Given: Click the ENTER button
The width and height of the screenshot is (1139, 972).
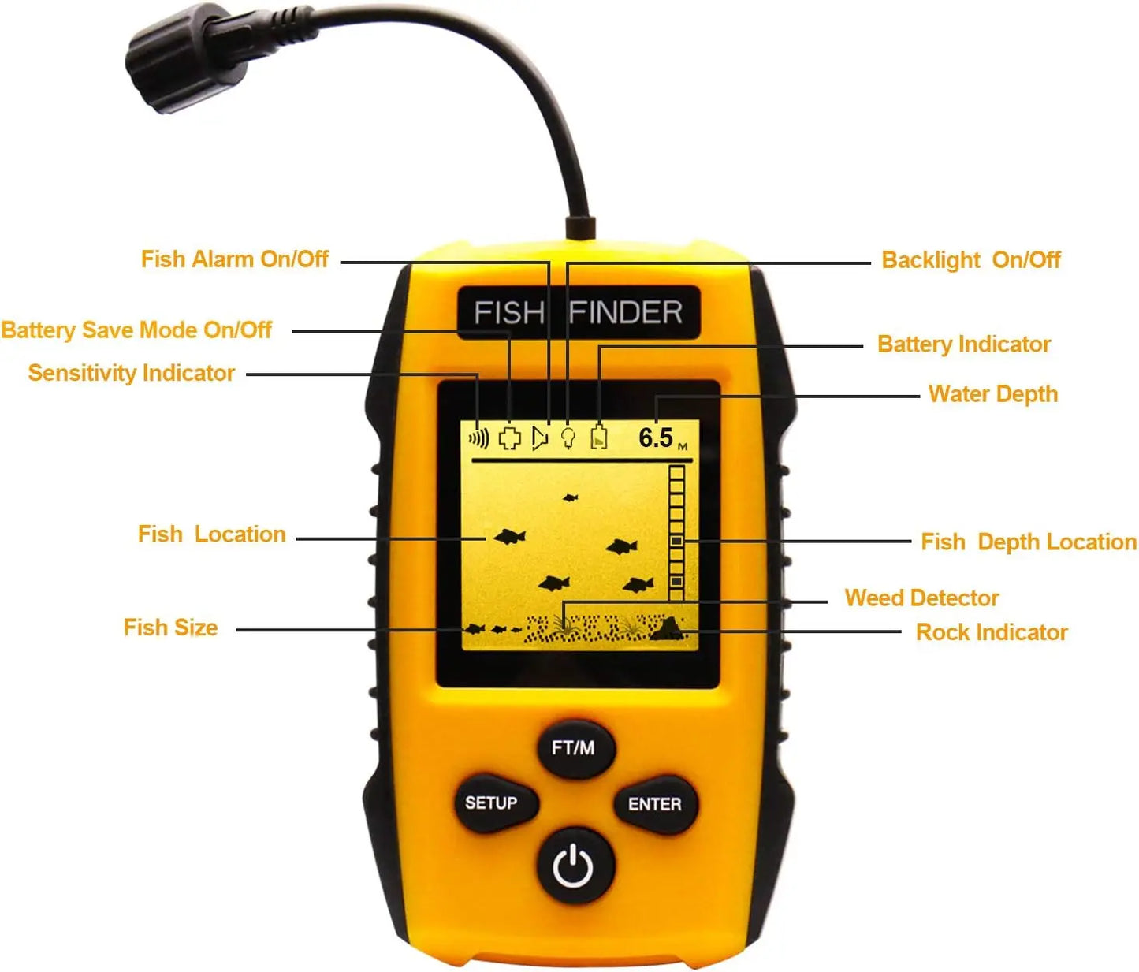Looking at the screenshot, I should point(654,804).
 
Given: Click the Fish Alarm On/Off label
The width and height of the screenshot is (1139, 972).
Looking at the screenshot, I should point(234,259).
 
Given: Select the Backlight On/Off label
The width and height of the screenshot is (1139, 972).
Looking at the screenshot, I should point(970,260).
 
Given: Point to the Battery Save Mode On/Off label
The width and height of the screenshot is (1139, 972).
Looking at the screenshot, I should point(136,330).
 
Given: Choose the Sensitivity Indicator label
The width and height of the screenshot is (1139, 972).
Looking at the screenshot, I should point(132,373).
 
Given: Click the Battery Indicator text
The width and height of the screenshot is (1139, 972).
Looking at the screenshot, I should point(963,344).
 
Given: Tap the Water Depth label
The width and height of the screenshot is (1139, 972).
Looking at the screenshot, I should point(992,394).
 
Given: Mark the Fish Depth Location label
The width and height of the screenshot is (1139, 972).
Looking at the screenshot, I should point(1028,542).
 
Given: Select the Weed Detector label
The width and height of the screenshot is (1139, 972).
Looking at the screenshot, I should point(921,598).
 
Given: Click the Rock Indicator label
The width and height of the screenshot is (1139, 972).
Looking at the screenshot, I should point(991,632).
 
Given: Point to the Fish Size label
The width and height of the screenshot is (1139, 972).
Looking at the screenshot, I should point(170,628).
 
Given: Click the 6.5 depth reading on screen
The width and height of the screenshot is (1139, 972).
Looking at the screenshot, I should point(656,438).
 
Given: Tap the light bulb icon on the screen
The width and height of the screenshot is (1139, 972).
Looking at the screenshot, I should point(568,438).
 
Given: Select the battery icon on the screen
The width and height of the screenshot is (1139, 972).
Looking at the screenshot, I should point(599,438).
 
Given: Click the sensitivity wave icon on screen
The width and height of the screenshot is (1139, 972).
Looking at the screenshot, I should point(478,438).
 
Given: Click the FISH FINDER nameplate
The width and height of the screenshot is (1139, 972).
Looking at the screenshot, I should point(578,312).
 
